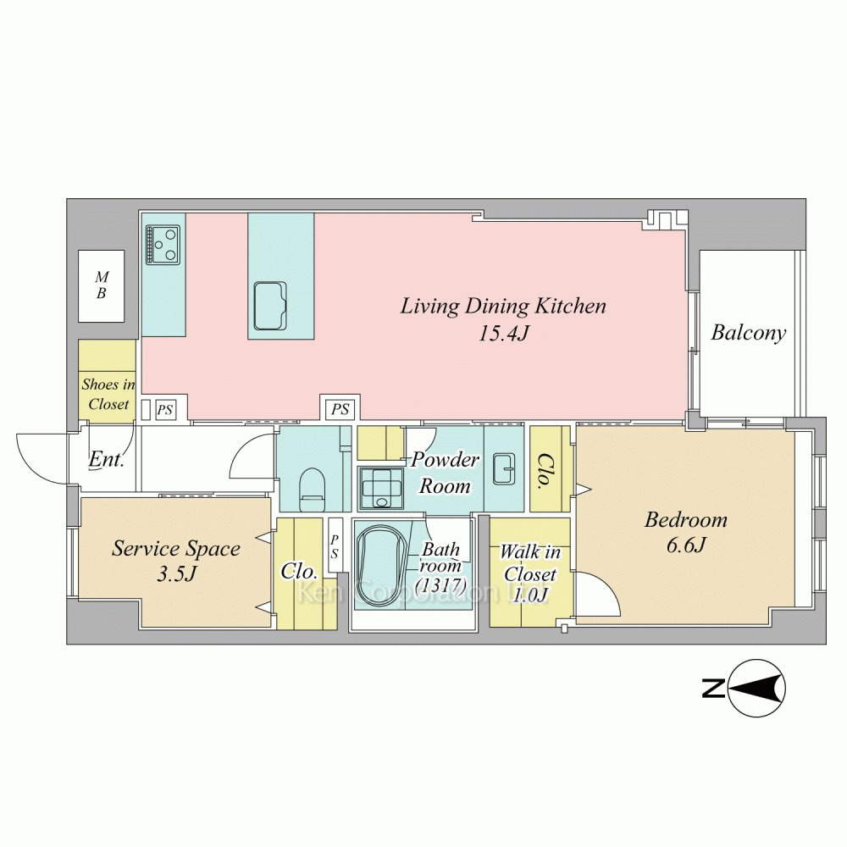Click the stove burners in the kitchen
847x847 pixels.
click(x=163, y=245)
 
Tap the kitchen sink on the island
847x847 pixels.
click(x=270, y=306)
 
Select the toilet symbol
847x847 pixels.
click(x=313, y=489)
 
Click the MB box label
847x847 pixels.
click(x=102, y=285)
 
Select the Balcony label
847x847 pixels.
click(x=748, y=333)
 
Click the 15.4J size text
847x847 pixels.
click(x=503, y=334)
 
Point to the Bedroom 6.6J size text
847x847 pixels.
click(x=686, y=545)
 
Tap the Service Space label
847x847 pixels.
click(x=176, y=549)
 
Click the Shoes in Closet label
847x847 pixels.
click(x=108, y=395)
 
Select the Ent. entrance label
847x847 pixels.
click(x=107, y=460)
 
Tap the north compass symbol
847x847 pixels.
click(x=756, y=688)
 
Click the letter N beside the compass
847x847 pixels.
click(x=713, y=688)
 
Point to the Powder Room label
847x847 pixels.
click(x=445, y=473)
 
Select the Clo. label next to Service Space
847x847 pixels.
click(x=299, y=572)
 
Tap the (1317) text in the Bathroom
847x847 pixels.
click(x=440, y=585)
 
